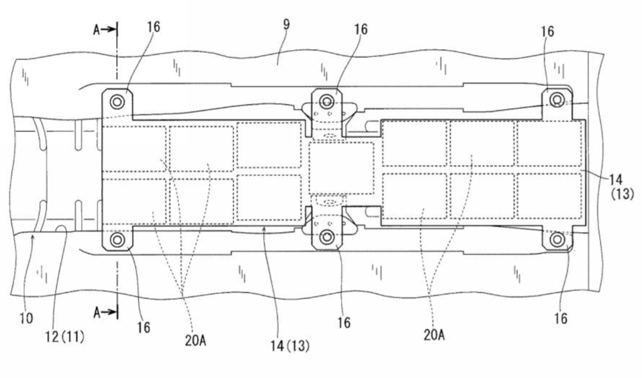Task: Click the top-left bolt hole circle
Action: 117,102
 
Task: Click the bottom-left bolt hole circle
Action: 117,239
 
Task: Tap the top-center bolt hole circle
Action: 326,101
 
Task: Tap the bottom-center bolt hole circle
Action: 326,237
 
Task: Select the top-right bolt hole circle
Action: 557,100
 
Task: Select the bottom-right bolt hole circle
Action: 557,239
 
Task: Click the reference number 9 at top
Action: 286,25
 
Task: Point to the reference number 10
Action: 26,319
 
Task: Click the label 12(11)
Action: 65,337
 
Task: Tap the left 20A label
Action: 195,341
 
